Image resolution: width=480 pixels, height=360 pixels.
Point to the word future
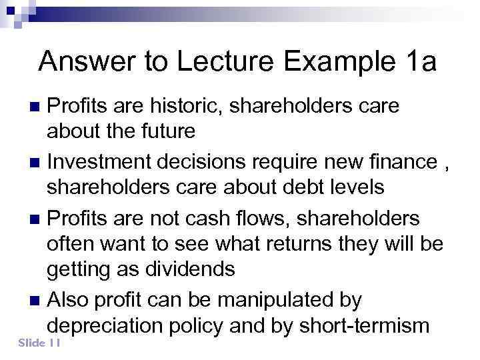point(165,131)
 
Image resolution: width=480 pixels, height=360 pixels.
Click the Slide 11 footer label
point(41,343)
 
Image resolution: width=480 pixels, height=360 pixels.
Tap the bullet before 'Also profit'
point(37,301)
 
